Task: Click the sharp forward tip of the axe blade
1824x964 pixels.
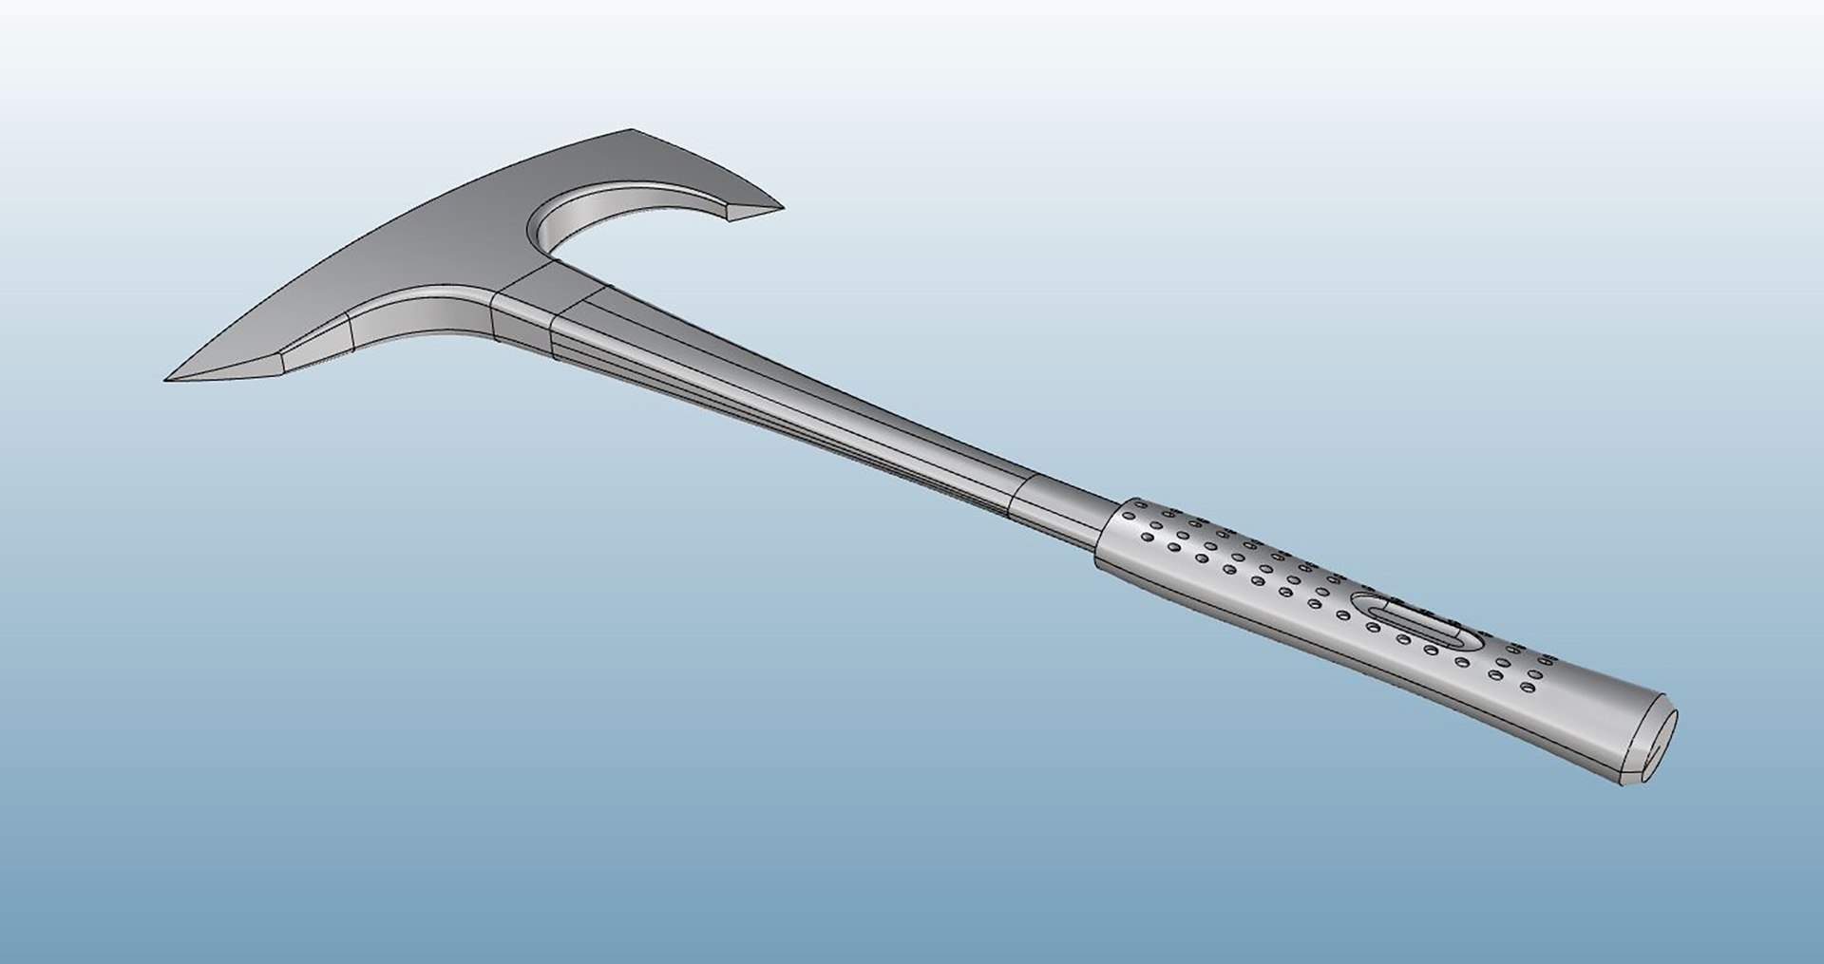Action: pyautogui.click(x=167, y=381)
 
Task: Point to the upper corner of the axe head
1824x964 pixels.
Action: pyautogui.click(x=630, y=130)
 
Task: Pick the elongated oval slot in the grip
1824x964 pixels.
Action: pyautogui.click(x=1407, y=621)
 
